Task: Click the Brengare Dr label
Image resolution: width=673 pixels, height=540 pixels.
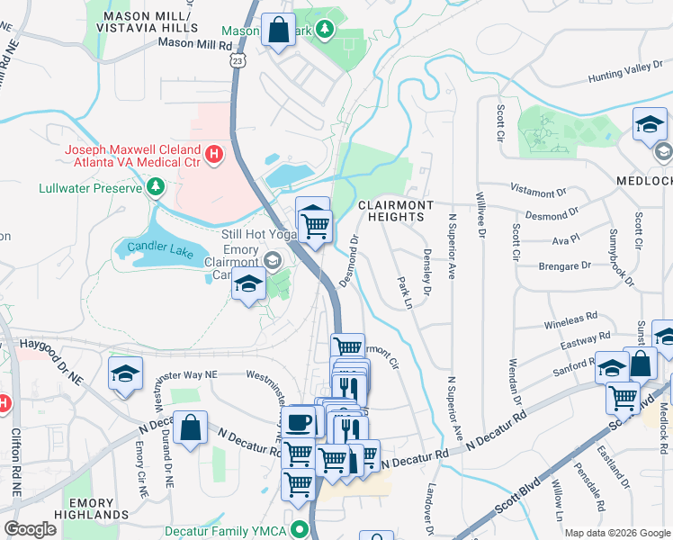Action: point(562,265)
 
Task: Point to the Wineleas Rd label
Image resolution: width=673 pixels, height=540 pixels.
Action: point(570,318)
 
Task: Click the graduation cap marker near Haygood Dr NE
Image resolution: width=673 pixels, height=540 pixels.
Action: point(126,372)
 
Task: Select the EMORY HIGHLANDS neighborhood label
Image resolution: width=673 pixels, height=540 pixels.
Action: point(90,510)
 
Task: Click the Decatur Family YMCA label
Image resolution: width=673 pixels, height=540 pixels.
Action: point(233,531)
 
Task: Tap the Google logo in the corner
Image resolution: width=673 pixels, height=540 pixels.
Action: point(30,529)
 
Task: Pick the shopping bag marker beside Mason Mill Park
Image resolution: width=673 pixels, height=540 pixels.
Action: point(279,30)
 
